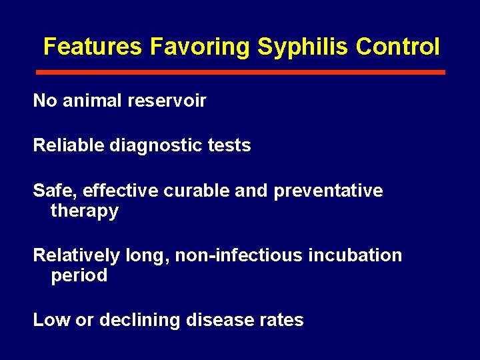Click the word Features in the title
click(x=93, y=47)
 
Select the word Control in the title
click(x=397, y=47)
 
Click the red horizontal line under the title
click(x=240, y=72)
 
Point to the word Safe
click(x=55, y=191)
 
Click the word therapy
click(x=85, y=212)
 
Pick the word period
click(x=79, y=276)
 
